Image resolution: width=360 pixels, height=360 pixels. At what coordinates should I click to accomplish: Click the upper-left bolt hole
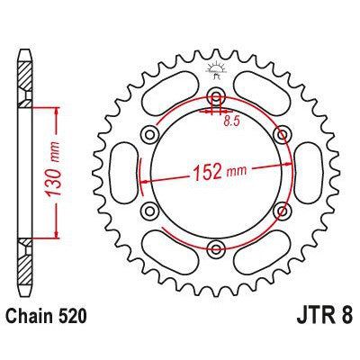click(x=149, y=136)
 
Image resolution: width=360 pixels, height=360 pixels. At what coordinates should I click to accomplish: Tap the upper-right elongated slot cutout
click(x=262, y=94)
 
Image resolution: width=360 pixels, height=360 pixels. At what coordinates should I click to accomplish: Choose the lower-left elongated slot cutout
click(x=168, y=254)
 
